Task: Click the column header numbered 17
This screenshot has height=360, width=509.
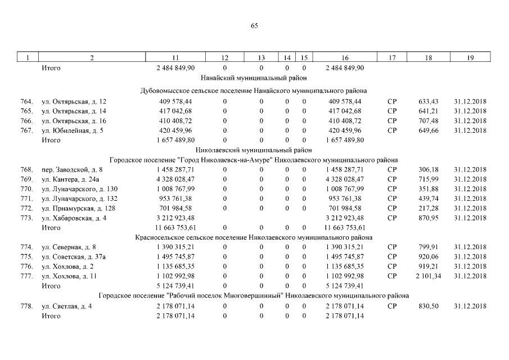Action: click(392, 58)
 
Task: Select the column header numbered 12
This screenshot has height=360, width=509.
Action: click(224, 58)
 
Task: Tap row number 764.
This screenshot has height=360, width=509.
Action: click(26, 101)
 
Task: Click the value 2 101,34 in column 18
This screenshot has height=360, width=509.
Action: click(429, 276)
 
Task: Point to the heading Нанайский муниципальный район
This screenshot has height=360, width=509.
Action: click(254, 78)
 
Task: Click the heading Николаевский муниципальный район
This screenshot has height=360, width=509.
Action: click(254, 150)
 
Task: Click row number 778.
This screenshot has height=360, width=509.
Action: click(26, 305)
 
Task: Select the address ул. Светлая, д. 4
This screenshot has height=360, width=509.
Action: click(68, 305)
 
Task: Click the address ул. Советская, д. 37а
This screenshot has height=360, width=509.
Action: click(73, 256)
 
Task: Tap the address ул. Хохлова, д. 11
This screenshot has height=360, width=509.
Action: click(70, 276)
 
